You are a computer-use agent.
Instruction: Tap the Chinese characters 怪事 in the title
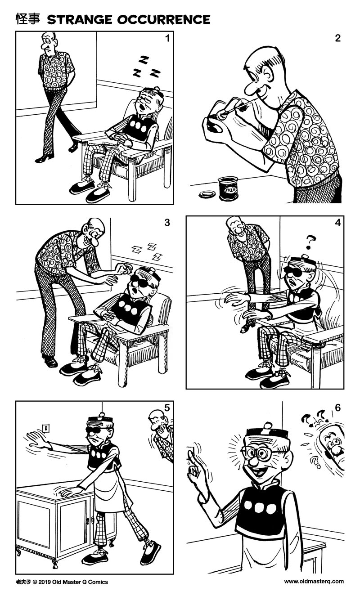point(28,19)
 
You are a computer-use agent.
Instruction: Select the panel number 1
point(167,38)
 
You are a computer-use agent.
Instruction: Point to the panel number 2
point(337,38)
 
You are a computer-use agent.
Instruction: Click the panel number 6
point(337,408)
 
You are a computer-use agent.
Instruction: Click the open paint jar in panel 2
point(228,188)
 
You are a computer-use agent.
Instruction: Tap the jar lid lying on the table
point(207,195)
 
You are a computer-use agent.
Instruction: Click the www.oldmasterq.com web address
point(314,581)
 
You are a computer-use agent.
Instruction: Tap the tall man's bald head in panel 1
point(48,39)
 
